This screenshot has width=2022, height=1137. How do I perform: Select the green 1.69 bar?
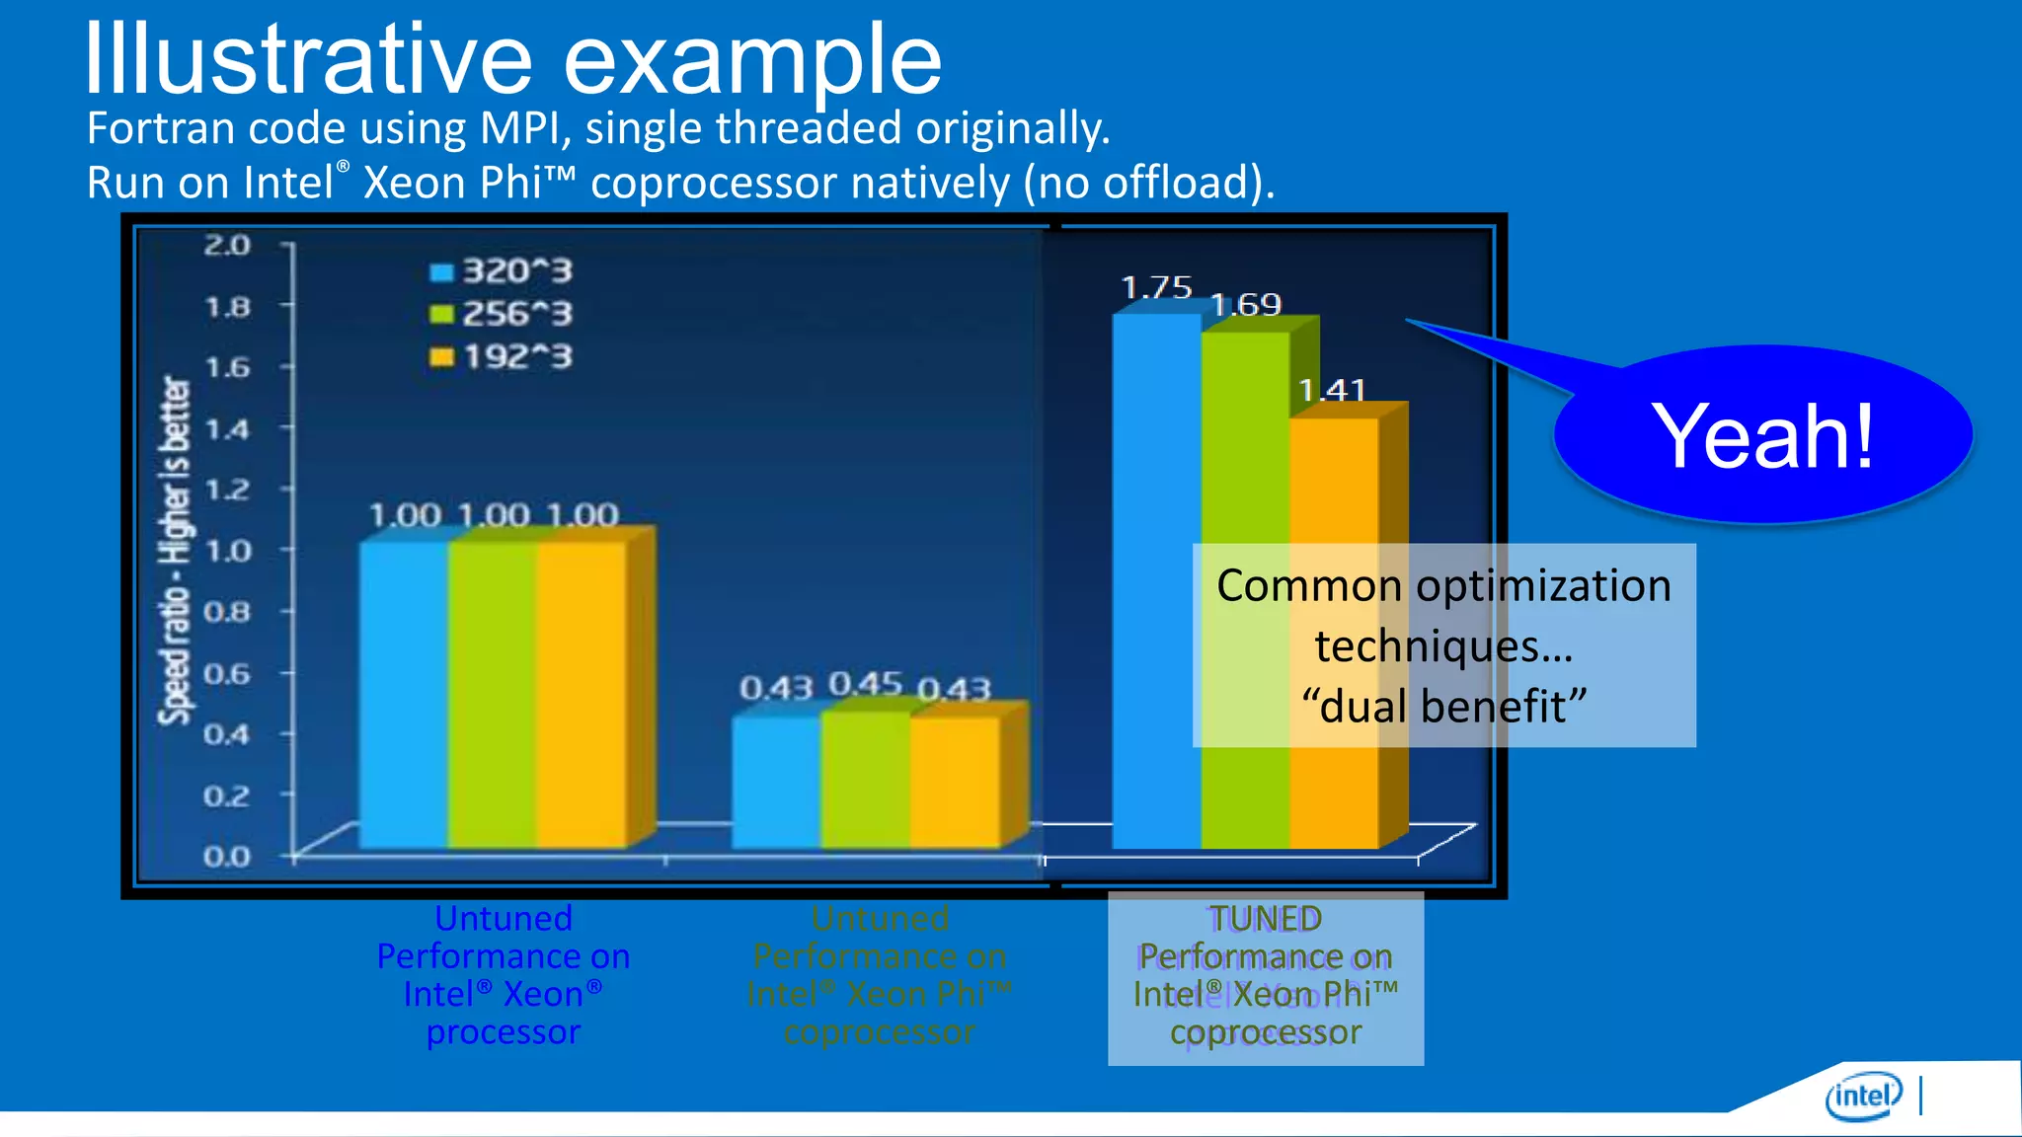1244,444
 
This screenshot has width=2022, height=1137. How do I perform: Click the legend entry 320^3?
502,271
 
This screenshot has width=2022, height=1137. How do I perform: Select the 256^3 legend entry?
502,314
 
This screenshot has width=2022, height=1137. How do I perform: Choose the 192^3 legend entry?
502,356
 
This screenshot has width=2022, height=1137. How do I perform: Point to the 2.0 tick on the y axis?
227,245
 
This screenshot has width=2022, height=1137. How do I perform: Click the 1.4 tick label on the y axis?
227,429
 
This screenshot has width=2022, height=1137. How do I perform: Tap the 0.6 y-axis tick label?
227,674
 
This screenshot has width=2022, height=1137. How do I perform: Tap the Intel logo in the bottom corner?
1862,1096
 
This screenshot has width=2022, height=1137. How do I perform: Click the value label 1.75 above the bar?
1156,287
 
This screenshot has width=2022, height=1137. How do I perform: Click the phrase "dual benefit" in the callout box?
1443,707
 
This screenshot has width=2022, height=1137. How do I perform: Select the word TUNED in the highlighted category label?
1266,919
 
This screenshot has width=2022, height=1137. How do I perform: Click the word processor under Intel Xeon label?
504,1032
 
